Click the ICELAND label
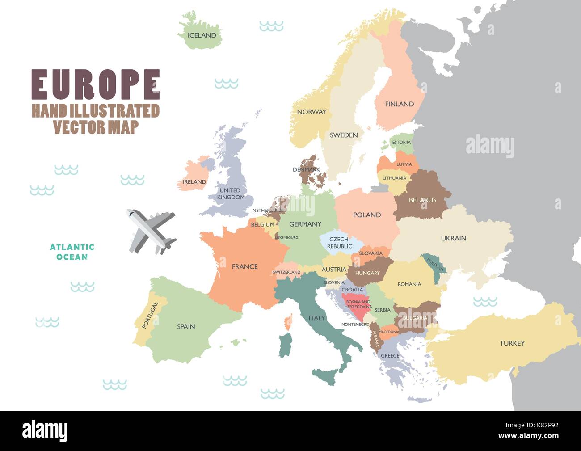(x=202, y=35)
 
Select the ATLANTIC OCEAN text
(x=72, y=252)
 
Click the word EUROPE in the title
(x=95, y=84)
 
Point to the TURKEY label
(x=512, y=343)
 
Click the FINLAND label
(x=399, y=104)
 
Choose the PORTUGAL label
(x=150, y=316)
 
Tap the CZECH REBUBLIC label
(x=339, y=243)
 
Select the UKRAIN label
(x=453, y=238)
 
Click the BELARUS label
(x=422, y=200)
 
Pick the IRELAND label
(x=194, y=182)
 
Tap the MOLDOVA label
(x=435, y=265)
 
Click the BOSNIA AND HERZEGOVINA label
(x=358, y=304)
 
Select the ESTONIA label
(x=401, y=143)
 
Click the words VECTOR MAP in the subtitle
(x=96, y=127)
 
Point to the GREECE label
(x=390, y=356)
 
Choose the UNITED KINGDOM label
(x=231, y=194)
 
